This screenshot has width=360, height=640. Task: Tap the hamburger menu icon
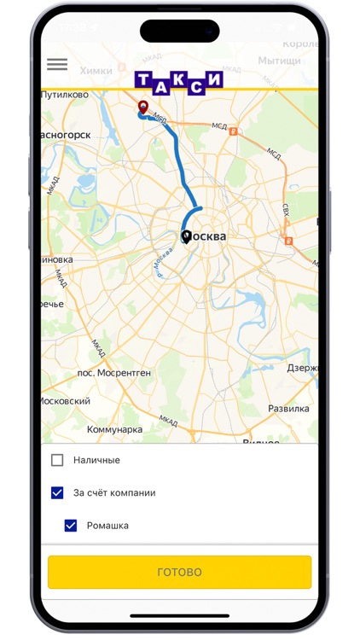coord(57,64)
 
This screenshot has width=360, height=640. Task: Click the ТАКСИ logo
coord(179,80)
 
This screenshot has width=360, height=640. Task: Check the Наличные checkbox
coord(57,460)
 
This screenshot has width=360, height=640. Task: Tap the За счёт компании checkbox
coord(57,492)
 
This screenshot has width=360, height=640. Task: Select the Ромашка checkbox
coord(71,526)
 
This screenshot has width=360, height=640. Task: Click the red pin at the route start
coord(142,107)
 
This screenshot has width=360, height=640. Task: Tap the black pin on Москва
coord(186,236)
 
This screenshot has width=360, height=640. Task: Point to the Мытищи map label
coord(279,61)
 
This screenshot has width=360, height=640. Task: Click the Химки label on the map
coord(96,71)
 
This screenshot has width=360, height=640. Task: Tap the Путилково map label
coord(65,95)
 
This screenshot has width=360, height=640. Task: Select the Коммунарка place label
coord(114,430)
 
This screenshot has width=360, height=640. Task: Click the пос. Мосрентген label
coord(113,373)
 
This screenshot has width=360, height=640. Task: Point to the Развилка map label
coord(288,408)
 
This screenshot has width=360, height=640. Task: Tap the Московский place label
coord(66,400)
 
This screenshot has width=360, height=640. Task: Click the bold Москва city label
coord(207,236)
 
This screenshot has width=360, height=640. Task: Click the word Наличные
coord(96,460)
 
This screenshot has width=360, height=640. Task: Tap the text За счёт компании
coord(114,492)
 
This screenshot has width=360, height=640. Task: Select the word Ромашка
coord(107,526)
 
